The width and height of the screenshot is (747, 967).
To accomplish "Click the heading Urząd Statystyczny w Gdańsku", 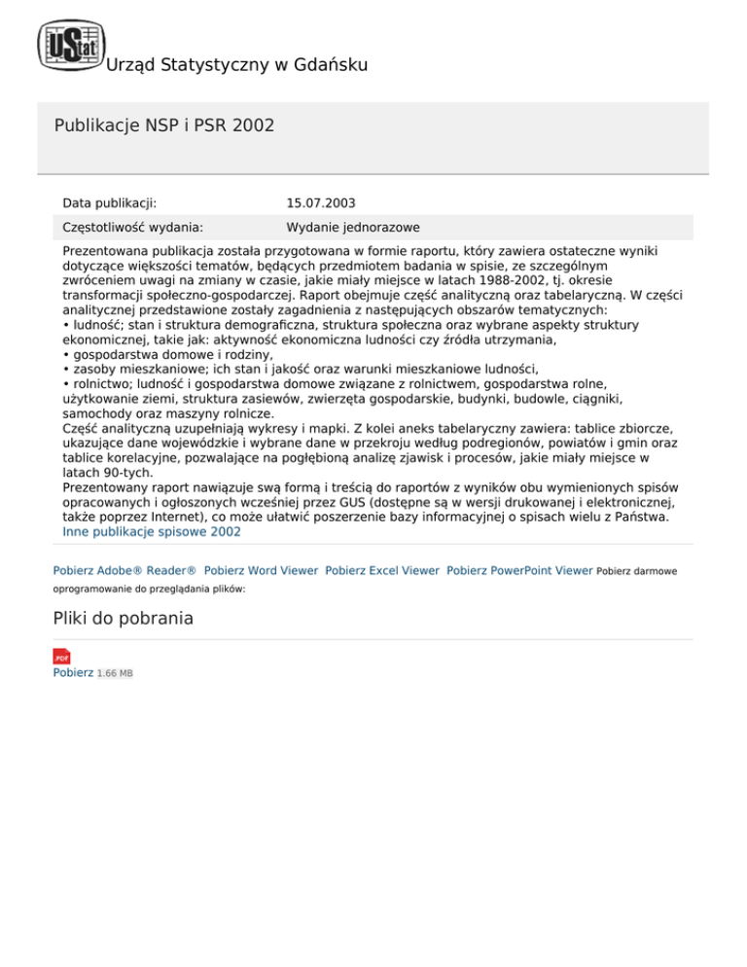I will pyautogui.click(x=235, y=66).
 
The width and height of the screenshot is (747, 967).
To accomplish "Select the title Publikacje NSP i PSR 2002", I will pyautogui.click(x=163, y=125).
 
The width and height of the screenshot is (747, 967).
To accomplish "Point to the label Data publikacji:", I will pyautogui.click(x=110, y=203).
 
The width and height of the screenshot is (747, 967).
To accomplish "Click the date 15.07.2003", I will pyautogui.click(x=321, y=203).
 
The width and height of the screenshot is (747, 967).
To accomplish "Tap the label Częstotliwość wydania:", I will pyautogui.click(x=132, y=228).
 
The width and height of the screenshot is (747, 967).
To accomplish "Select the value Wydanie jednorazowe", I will pyautogui.click(x=353, y=228).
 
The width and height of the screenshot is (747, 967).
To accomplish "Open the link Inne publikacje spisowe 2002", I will pyautogui.click(x=152, y=532).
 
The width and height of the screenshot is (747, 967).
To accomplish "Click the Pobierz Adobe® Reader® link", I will pyautogui.click(x=124, y=570).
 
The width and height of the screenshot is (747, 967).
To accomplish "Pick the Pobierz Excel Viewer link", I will pyautogui.click(x=382, y=570).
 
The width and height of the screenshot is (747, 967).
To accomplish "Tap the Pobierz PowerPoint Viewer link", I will pyautogui.click(x=519, y=570).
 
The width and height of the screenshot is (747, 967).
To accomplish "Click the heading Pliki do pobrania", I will pyautogui.click(x=123, y=618).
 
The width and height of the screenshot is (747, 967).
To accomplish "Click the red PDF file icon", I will pyautogui.click(x=61, y=657).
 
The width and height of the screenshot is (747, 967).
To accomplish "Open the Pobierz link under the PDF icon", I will pyautogui.click(x=73, y=672).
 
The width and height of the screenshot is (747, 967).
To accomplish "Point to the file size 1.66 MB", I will pyautogui.click(x=115, y=673).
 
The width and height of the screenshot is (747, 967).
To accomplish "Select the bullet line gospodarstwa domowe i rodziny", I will pyautogui.click(x=171, y=355).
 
